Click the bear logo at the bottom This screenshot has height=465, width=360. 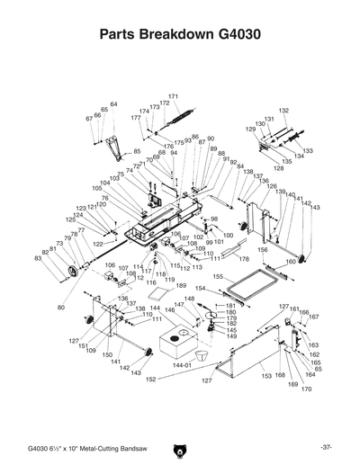[180, 447]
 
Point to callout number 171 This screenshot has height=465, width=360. [173, 96]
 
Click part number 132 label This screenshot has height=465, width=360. [283, 110]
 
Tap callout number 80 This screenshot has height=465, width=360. [61, 308]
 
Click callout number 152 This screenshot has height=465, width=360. [150, 380]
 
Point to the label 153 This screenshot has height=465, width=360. [266, 375]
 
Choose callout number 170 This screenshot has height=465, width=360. [306, 389]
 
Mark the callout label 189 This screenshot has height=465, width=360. [180, 285]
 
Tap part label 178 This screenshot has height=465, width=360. [243, 258]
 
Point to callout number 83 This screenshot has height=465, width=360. [38, 258]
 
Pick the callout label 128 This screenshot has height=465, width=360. [278, 168]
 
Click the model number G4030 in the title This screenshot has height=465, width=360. [240, 36]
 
